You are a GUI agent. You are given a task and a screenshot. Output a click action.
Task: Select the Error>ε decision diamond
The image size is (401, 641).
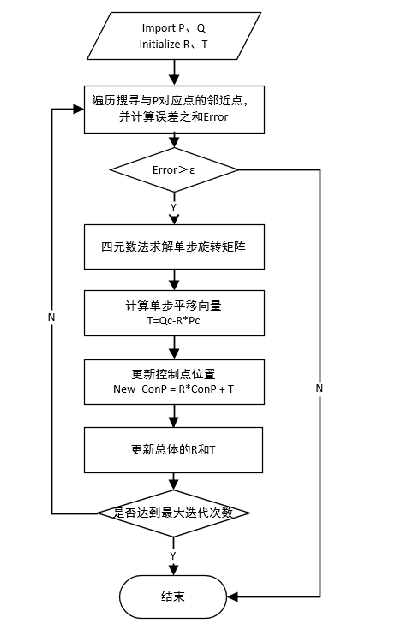[174, 169]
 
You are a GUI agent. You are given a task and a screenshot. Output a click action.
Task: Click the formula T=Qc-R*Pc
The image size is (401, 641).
[173, 320]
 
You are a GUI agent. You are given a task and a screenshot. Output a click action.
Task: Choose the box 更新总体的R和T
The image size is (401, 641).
[174, 449]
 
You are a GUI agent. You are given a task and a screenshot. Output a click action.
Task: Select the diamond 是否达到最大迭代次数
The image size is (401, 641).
[174, 513]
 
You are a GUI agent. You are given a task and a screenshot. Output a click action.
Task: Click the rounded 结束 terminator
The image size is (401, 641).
[173, 596]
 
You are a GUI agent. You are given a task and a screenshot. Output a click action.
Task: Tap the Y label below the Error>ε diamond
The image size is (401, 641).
[174, 207]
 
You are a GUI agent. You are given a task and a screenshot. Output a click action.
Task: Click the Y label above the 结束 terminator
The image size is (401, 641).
[173, 555]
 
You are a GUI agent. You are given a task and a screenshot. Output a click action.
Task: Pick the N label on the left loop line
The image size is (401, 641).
[52, 317]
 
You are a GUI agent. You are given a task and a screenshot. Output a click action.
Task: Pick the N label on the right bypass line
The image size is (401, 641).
[320, 388]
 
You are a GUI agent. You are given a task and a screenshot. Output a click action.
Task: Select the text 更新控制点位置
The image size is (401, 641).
[173, 374]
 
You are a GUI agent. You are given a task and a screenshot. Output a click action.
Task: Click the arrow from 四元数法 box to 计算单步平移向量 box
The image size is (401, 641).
[174, 279]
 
